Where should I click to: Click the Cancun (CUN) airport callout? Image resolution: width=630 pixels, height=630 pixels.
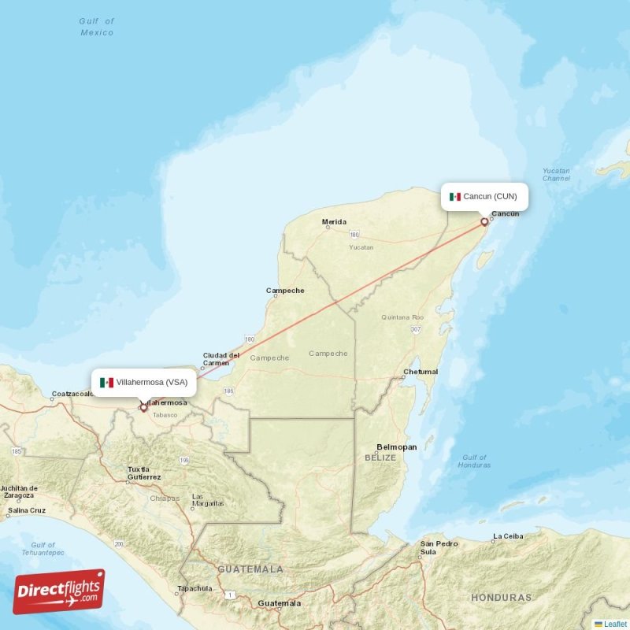tap(484, 196)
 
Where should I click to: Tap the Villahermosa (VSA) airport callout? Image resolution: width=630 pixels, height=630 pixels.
tap(143, 383)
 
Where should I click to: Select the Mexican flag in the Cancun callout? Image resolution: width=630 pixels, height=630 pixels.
tap(454, 197)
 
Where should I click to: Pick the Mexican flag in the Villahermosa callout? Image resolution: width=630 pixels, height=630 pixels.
tap(106, 383)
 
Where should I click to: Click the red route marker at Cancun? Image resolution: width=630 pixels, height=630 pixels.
tap(484, 222)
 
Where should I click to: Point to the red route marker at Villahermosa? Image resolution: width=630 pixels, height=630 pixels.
tap(143, 407)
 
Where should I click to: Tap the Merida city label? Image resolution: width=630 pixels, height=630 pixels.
tap(334, 222)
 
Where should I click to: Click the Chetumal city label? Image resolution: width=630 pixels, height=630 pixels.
tap(420, 372)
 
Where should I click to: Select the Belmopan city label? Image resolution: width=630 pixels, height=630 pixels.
tap(396, 447)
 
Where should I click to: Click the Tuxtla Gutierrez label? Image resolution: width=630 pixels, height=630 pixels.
tap(144, 473)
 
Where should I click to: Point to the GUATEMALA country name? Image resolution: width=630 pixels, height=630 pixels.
tap(250, 569)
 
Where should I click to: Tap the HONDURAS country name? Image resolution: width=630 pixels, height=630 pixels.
tap(501, 598)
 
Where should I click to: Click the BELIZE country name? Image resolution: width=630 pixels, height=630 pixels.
tap(380, 457)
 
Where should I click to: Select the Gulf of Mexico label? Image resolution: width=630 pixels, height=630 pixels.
tap(97, 27)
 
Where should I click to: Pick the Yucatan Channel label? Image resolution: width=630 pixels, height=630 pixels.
tap(556, 174)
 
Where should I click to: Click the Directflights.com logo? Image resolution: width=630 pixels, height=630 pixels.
tap(59, 591)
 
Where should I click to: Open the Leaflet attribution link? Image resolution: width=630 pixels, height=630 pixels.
tap(615, 624)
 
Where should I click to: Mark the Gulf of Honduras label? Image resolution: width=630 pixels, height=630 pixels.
tap(474, 461)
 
